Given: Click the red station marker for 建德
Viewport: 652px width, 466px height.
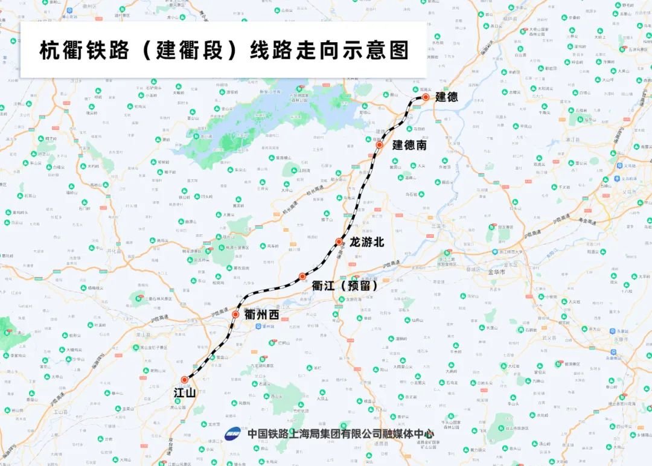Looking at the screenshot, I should point(426,97).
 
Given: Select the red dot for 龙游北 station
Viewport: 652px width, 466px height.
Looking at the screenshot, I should point(339,242).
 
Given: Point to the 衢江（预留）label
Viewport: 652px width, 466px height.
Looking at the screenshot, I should point(344,285).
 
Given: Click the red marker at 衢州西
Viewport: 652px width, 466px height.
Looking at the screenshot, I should point(235,314).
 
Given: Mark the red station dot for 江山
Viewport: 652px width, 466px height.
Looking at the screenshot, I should point(184,380).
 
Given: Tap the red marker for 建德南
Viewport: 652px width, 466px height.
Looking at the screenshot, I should point(379,145).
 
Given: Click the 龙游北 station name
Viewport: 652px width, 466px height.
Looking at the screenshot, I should point(367,242).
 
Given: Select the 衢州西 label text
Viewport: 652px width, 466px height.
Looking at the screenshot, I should point(261,315).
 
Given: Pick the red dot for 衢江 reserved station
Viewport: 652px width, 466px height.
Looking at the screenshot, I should point(302,276).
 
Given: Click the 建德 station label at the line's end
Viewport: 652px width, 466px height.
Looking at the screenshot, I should point(447,97).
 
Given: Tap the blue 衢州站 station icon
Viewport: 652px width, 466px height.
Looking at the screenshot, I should point(257,326).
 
